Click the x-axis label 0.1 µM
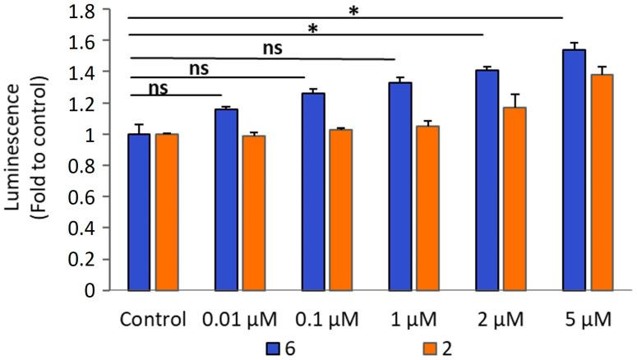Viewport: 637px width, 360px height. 326,318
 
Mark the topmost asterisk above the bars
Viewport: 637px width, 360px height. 353,11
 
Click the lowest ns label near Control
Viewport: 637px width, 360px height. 159,86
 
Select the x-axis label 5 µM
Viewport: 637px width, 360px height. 587,318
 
